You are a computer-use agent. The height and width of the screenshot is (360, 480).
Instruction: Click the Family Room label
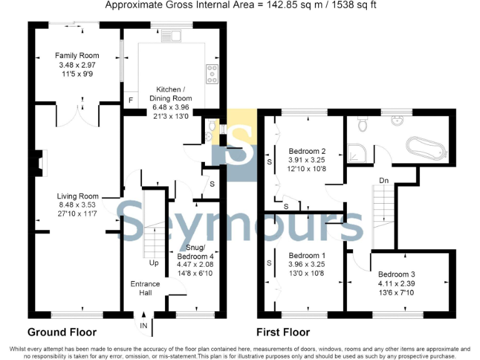coord(74,56)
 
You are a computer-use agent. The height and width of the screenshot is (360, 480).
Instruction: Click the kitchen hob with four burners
coord(212,74)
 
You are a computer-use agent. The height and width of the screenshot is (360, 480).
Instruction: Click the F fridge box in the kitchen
coord(131,101)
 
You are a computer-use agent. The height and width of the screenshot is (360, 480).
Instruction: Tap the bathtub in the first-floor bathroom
coord(425,148)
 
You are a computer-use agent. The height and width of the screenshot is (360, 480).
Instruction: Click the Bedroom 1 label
coord(306,256)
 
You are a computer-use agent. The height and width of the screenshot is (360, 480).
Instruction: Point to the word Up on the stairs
coord(152,263)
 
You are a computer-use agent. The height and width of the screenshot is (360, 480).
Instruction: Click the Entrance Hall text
coord(145,288)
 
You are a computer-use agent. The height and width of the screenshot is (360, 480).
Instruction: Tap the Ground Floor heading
coord(62,332)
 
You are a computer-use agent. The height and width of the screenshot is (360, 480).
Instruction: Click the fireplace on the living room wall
coord(40,161)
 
